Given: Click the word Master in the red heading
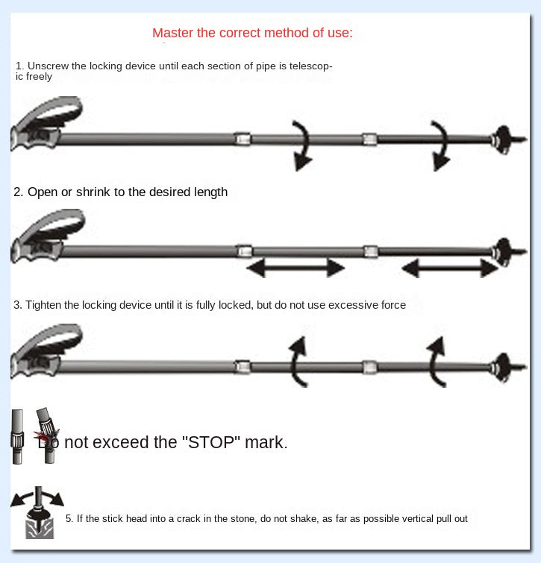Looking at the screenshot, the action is pyautogui.click(x=173, y=33).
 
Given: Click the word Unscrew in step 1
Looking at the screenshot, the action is pyautogui.click(x=48, y=66).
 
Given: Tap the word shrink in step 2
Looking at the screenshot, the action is pyautogui.click(x=93, y=192).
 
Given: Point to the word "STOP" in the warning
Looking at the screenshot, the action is pyautogui.click(x=211, y=442).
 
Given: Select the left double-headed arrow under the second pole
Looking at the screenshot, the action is pyautogui.click(x=295, y=268).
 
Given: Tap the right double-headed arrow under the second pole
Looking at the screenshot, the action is pyautogui.click(x=450, y=268).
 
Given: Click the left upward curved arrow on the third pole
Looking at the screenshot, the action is pyautogui.click(x=297, y=362).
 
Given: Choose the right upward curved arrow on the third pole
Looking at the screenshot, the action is pyautogui.click(x=435, y=362).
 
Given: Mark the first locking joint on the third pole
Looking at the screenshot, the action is pyautogui.click(x=243, y=367).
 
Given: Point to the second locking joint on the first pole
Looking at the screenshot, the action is pyautogui.click(x=369, y=139).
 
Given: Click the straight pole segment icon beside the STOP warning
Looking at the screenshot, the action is pyautogui.click(x=17, y=437).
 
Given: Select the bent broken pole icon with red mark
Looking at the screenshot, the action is pyautogui.click(x=47, y=435).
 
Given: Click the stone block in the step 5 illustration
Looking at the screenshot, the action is pyautogui.click(x=40, y=529).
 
